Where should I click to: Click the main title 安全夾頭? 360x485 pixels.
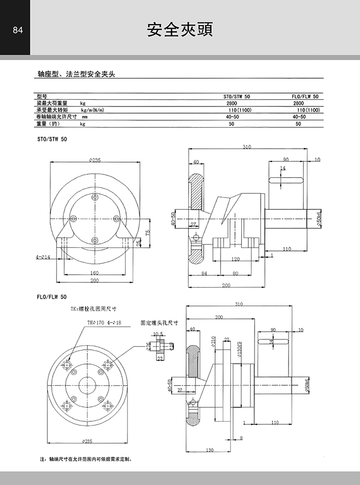click(180, 29)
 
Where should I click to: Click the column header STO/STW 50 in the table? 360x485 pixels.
click(237, 96)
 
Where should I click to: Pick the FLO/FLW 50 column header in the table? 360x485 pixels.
click(305, 96)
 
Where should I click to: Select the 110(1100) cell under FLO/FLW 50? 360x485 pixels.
click(309, 110)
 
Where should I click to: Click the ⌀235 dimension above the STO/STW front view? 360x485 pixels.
click(95, 160)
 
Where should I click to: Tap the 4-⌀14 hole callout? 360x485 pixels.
click(43, 256)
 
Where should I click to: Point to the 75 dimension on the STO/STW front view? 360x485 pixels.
click(148, 232)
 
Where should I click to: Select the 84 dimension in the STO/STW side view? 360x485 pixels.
click(204, 274)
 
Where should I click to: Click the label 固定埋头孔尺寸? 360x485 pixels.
click(159, 323)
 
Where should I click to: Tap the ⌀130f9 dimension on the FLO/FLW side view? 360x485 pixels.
click(239, 349)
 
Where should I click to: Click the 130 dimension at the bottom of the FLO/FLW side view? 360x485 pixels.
click(210, 451)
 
